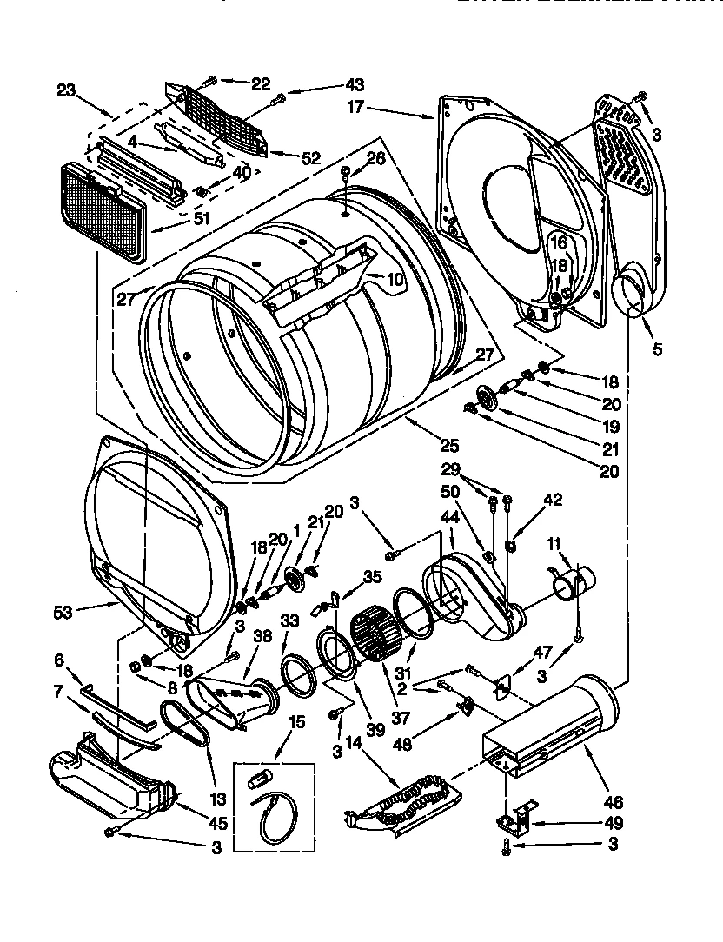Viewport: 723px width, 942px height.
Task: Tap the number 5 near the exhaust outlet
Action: [x=657, y=349]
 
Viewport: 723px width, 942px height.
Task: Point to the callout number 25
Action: [x=448, y=447]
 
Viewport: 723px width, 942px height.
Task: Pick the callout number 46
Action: [x=614, y=803]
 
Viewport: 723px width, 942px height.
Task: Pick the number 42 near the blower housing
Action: [x=553, y=500]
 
